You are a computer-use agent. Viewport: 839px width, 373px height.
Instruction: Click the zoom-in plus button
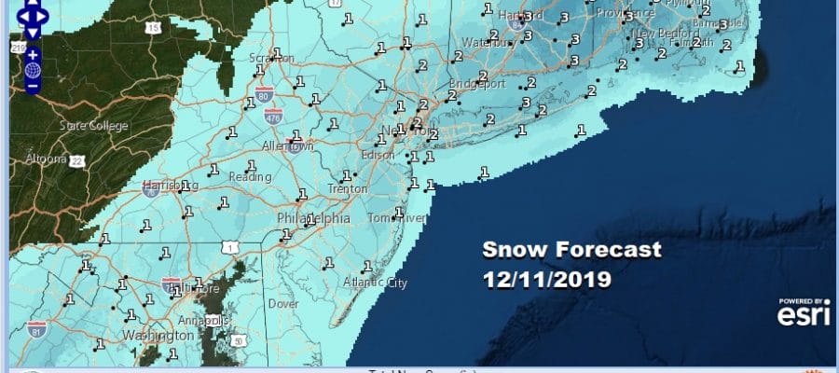tap(33, 54)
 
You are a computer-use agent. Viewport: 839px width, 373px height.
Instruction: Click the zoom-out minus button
tap(33, 86)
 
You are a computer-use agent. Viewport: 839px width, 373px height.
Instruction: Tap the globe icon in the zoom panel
tap(33, 70)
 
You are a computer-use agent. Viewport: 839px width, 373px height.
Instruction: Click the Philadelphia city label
tap(314, 218)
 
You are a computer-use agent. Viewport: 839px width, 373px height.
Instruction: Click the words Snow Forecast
tap(572, 250)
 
